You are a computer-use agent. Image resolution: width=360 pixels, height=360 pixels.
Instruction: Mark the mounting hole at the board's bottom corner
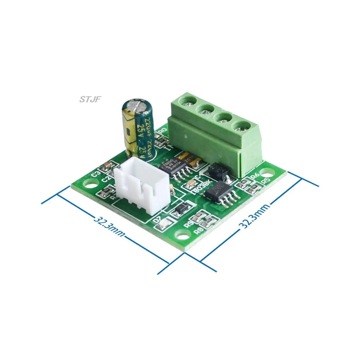182,233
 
